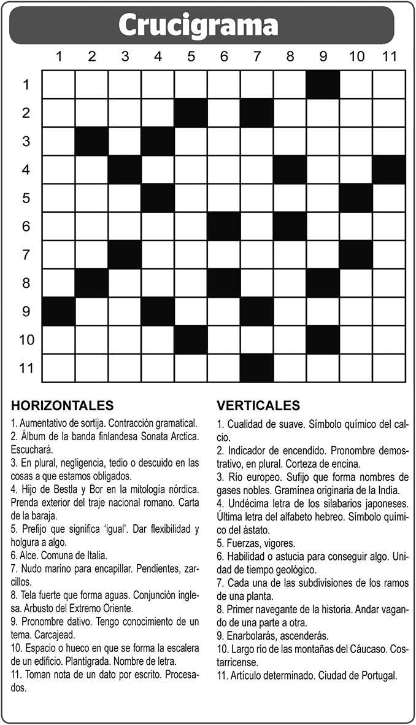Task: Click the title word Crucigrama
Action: (x=198, y=26)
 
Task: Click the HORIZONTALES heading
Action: (x=62, y=405)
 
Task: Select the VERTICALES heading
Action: (x=258, y=405)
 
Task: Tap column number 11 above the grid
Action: (x=389, y=56)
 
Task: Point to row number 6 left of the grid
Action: (x=26, y=226)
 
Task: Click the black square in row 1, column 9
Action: (x=323, y=84)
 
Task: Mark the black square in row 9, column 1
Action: (x=59, y=311)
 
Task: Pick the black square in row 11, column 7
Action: (x=256, y=368)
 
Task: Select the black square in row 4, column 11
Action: (x=389, y=169)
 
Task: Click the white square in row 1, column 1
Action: (x=59, y=84)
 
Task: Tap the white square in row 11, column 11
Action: (x=389, y=368)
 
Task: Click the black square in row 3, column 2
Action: (x=92, y=141)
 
